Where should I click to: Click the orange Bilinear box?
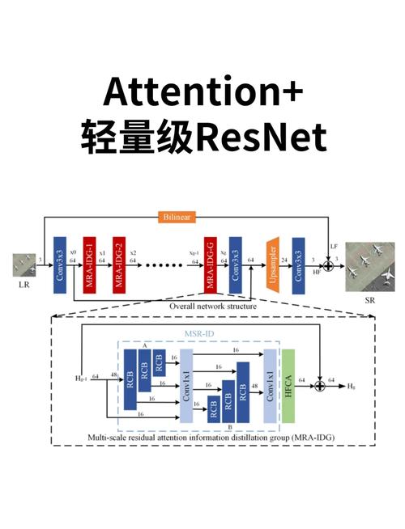pyautogui.click(x=177, y=217)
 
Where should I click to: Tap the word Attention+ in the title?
pyautogui.click(x=202, y=91)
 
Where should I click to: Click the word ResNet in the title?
pyautogui.click(x=261, y=138)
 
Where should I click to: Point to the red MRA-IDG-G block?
pyautogui.click(x=211, y=264)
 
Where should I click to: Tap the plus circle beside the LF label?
pyautogui.click(x=328, y=264)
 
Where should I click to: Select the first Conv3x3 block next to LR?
pyautogui.click(x=59, y=264)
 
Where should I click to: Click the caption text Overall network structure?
pyautogui.click(x=213, y=307)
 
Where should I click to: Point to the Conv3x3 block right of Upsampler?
pyautogui.click(x=298, y=264)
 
